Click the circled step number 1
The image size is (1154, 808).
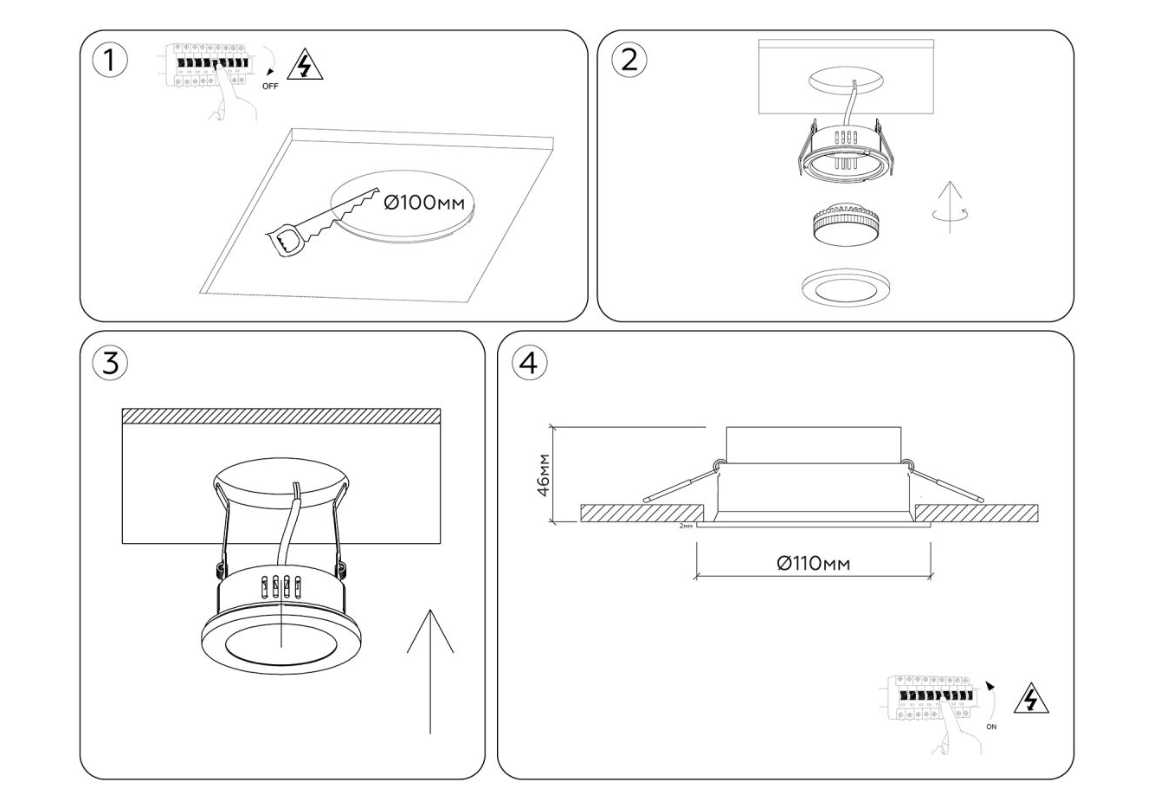pyautogui.click(x=108, y=61)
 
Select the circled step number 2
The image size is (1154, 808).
pyautogui.click(x=629, y=60)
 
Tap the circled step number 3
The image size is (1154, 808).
pyautogui.click(x=109, y=363)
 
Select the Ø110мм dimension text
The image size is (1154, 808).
pyautogui.click(x=813, y=564)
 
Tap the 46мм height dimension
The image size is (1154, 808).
pyautogui.click(x=543, y=474)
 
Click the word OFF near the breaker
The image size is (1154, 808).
pyautogui.click(x=270, y=86)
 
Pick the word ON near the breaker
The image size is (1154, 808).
pyautogui.click(x=991, y=727)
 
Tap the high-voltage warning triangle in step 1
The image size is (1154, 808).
pyautogui.click(x=304, y=66)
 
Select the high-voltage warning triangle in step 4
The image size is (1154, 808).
pyautogui.click(x=1030, y=698)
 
